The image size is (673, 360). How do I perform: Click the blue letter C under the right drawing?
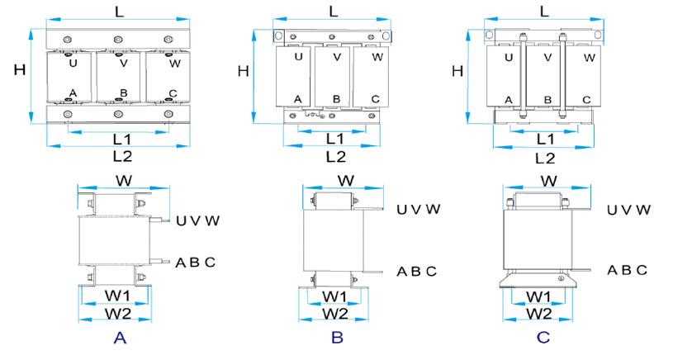(543, 338)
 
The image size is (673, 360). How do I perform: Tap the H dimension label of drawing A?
(19, 70)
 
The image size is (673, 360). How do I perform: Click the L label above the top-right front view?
(544, 12)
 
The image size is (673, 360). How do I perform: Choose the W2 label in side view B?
(334, 314)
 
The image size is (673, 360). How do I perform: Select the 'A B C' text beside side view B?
(417, 272)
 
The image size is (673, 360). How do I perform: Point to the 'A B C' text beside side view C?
(627, 270)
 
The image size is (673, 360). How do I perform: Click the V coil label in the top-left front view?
(123, 63)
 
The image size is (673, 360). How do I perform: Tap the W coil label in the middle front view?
(377, 57)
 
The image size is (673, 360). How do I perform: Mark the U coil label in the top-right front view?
(509, 57)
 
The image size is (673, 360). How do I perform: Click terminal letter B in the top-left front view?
(123, 92)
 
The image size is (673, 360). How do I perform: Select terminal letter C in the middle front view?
(375, 99)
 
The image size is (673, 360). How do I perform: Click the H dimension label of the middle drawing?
(243, 71)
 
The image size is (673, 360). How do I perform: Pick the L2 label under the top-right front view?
(545, 157)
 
